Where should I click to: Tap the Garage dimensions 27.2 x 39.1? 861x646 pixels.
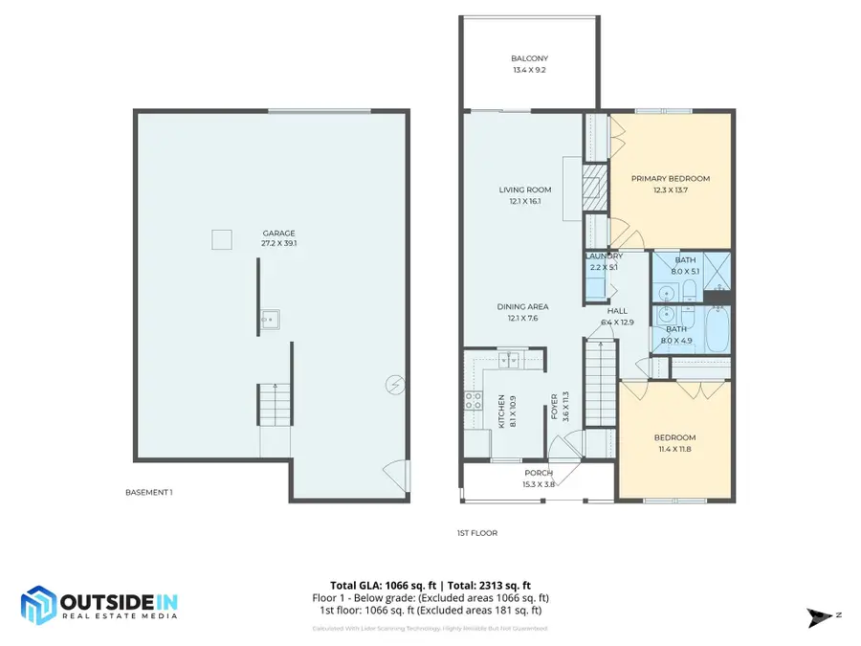click(279, 243)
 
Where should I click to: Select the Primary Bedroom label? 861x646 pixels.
click(671, 178)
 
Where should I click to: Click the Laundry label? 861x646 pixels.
click(604, 256)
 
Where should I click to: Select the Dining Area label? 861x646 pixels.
click(523, 306)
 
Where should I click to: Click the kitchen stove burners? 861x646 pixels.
click(474, 402)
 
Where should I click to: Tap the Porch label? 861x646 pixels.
click(538, 473)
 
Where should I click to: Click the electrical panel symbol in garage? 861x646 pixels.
click(393, 385)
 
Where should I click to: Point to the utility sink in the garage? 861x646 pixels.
click(271, 319)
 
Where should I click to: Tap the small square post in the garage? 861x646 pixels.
click(222, 239)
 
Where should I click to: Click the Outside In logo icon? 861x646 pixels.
click(39, 604)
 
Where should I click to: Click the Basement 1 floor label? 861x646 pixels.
click(149, 492)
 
